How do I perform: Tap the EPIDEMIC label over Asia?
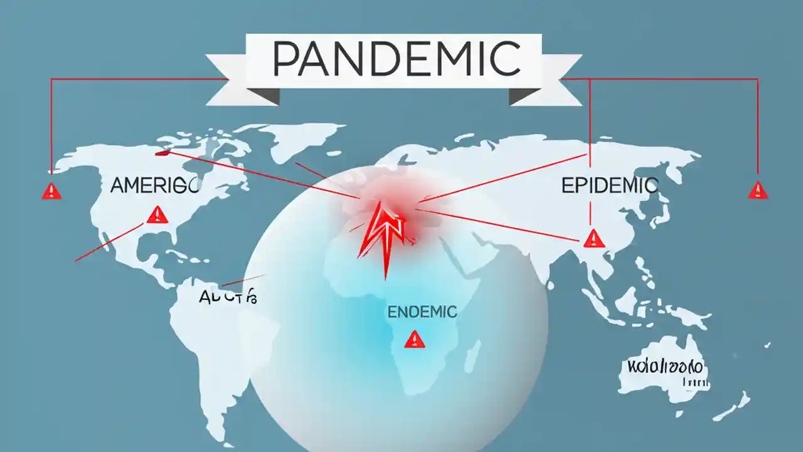click(x=609, y=185)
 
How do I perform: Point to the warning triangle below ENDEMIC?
click(x=415, y=340)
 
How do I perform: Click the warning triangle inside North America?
click(x=157, y=215)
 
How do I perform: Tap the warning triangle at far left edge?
click(x=51, y=191)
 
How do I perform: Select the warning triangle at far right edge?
click(x=758, y=191)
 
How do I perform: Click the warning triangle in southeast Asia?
click(x=592, y=238)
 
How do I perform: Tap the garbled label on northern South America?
click(x=227, y=297)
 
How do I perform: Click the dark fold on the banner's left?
click(x=263, y=95)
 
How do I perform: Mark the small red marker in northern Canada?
click(x=162, y=151)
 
